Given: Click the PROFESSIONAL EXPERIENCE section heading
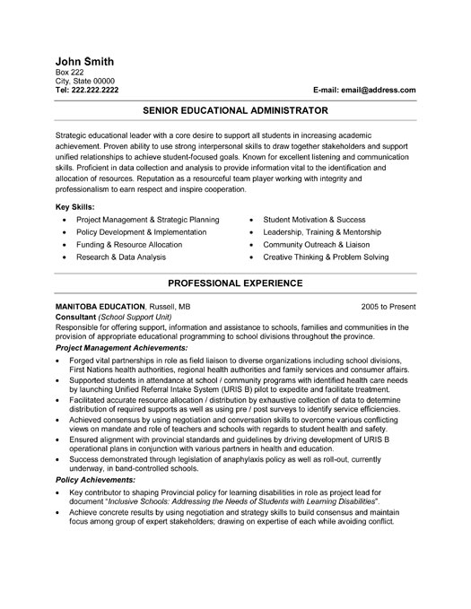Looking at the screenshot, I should (x=235, y=283).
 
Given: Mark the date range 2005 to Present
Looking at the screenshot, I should (x=388, y=305).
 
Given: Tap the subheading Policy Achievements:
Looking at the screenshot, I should (x=96, y=505).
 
